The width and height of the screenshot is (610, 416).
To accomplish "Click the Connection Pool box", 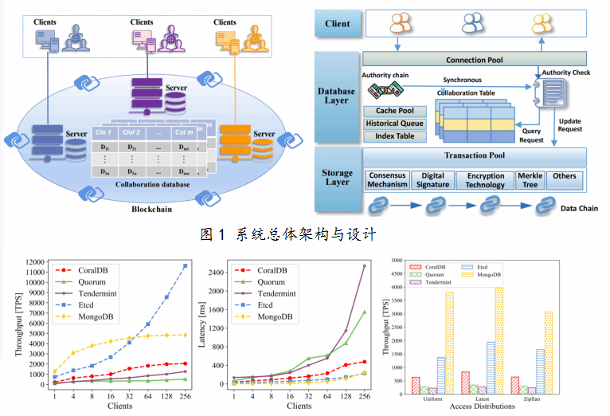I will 474,59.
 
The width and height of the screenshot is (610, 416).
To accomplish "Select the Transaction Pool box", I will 474,156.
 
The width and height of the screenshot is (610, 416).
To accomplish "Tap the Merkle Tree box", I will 530,180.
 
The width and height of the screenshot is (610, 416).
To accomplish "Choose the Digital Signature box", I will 432,180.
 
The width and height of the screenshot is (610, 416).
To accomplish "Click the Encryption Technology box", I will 485,180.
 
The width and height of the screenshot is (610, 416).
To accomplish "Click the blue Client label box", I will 338,24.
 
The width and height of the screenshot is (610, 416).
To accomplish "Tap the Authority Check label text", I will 566,73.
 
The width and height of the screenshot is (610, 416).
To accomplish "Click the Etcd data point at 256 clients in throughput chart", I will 185,265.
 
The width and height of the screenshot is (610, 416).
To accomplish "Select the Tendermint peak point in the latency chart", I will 365,266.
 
